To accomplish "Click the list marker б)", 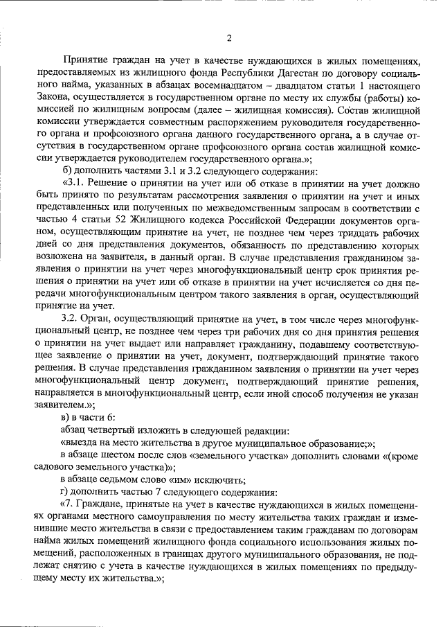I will click(66, 171).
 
